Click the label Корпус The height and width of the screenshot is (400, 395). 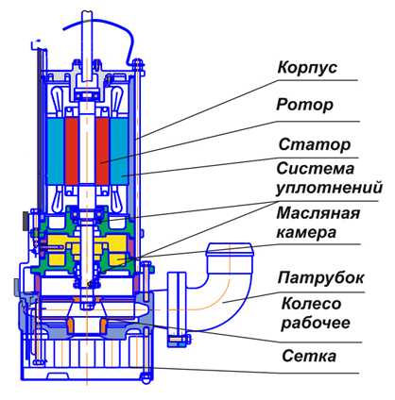click(x=307, y=68)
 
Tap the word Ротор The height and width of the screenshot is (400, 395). click(x=304, y=105)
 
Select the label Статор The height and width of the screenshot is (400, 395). click(x=315, y=144)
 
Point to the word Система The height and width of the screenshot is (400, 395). click(x=316, y=169)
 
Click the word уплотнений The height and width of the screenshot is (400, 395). click(x=330, y=188)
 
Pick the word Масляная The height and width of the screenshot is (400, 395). click(x=318, y=213)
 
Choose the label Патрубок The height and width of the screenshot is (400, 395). click(x=320, y=278)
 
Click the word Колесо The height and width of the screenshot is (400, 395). click(x=311, y=304)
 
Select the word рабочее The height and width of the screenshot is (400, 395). click(x=316, y=323)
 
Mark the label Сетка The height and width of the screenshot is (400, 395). click(x=309, y=356)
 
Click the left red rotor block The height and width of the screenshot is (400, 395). click(x=72, y=151)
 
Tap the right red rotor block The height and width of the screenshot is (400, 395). click(x=102, y=151)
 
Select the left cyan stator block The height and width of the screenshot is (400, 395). click(x=56, y=151)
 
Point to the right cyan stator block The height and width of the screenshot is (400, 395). click(x=119, y=151)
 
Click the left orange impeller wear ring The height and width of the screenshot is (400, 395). click(x=71, y=325)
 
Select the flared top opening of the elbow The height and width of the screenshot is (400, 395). click(x=229, y=250)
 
